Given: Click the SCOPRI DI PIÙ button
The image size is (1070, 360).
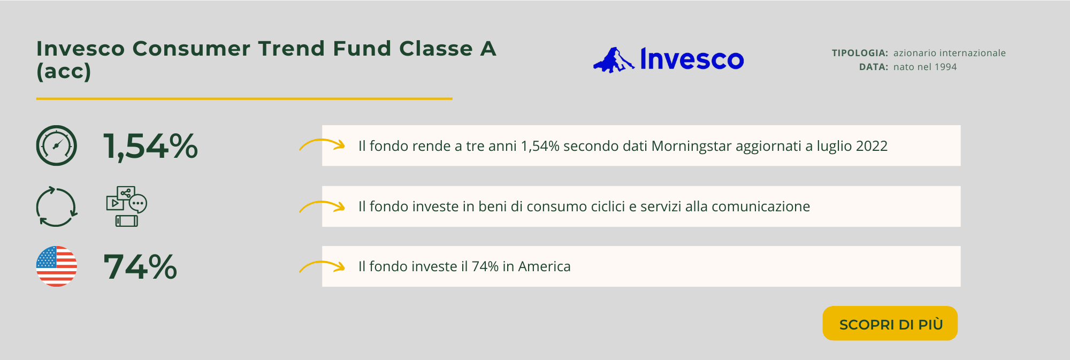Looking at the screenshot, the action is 890,323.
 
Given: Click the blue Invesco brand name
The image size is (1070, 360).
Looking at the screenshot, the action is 692,59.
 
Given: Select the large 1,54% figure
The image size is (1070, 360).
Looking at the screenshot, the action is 150,146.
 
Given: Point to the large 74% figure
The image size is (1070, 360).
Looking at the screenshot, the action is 140,266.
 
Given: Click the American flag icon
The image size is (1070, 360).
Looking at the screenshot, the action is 57,266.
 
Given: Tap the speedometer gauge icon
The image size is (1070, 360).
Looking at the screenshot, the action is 57,145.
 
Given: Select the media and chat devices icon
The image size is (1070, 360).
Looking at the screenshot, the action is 127,206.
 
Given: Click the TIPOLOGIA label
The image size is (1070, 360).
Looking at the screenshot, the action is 860,53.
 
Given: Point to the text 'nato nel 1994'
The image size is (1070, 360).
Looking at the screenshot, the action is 925,67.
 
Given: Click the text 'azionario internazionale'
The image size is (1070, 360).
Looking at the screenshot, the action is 950,53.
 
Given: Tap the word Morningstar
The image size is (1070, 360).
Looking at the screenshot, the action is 691,147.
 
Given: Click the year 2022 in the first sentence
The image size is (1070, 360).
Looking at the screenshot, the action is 872,146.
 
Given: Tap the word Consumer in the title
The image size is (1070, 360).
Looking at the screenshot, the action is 192,49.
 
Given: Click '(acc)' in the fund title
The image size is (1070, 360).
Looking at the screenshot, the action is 64,72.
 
